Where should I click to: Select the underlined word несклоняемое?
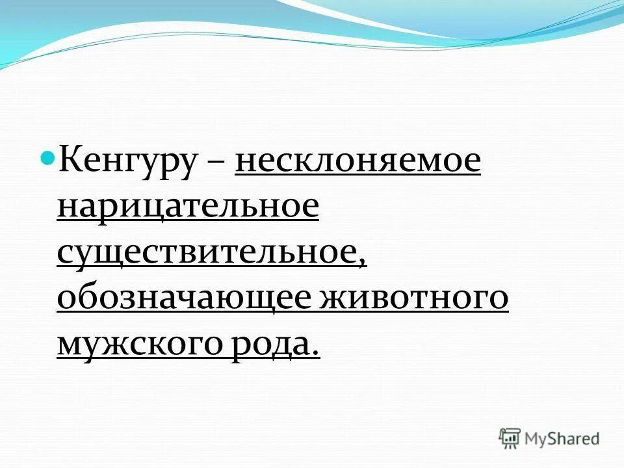pos(358,162)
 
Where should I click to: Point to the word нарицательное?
pos(188,207)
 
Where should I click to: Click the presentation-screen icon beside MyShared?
pos(510,439)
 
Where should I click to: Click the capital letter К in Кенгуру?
pos(70,161)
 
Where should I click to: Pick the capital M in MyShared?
pos(534,439)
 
